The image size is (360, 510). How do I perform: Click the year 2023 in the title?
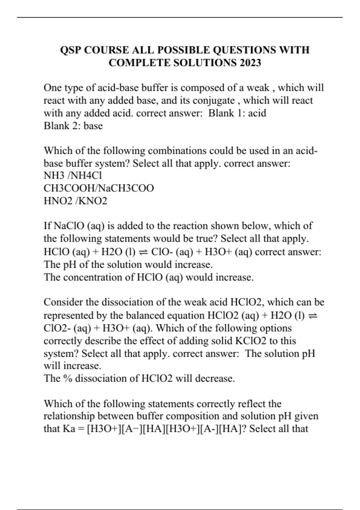coord(250,63)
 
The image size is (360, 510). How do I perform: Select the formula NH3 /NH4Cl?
coord(73,175)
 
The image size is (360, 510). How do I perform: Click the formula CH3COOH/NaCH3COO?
coord(99,188)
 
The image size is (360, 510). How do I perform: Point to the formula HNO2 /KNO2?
coord(75,201)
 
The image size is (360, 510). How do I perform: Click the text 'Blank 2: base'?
coord(73,126)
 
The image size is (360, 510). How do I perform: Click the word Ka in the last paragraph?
coord(69,428)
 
